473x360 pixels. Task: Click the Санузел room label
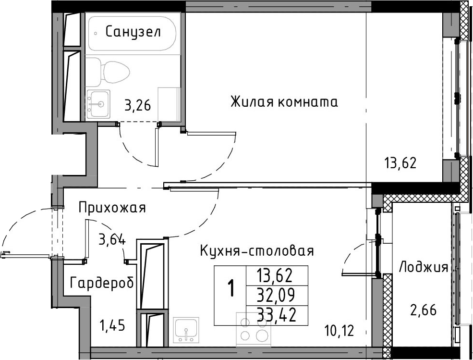(133, 32)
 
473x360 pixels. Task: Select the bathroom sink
(98, 104)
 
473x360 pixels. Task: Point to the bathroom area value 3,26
(137, 106)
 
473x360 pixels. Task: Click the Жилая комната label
(284, 102)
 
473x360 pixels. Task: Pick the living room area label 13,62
(400, 163)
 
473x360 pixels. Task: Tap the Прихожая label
(112, 208)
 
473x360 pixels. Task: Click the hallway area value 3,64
(112, 240)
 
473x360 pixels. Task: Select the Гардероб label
(102, 284)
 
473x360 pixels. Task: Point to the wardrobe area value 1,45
(112, 326)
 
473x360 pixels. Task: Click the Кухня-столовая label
(257, 251)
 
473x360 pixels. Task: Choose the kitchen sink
(186, 330)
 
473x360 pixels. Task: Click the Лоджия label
(424, 268)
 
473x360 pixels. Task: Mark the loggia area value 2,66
(423, 310)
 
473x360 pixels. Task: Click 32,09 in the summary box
(276, 296)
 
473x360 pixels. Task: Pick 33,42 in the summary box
(276, 315)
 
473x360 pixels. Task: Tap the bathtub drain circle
(96, 33)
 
